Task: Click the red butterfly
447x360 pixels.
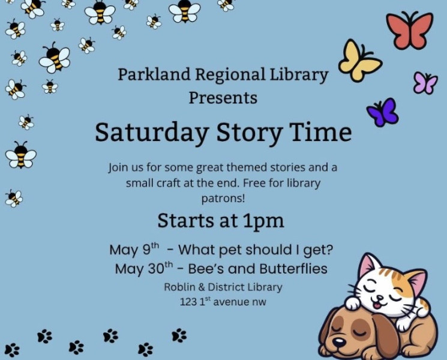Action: pos(410,31)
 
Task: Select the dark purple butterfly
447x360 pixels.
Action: pos(383,112)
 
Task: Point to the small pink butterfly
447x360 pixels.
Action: pos(425,83)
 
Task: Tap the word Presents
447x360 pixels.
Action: pos(223,98)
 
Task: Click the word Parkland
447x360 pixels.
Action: pos(154,74)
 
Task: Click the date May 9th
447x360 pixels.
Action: pos(134,250)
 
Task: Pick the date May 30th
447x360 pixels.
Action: pos(144,269)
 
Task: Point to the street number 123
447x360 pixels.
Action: pos(188,302)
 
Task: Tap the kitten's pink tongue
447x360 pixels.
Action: pos(377,306)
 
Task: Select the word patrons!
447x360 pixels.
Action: pos(223,199)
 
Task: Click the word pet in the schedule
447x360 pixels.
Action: pos(231,250)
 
